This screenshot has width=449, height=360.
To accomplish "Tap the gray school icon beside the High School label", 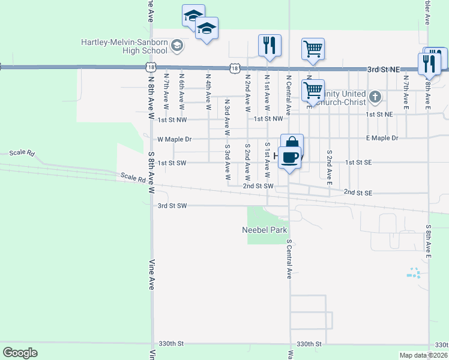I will tap(177, 45).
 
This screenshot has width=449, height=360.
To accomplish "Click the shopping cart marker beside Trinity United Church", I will tap(313, 91).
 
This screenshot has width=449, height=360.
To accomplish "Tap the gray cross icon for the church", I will tap(375, 97).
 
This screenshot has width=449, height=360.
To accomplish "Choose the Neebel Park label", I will tap(265, 230).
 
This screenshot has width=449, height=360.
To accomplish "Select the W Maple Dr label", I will tap(174, 139).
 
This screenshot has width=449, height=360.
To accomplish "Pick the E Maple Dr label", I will tap(382, 139).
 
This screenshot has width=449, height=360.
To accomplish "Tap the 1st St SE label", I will tap(359, 163).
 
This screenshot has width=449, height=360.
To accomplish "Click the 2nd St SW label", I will tap(258, 186).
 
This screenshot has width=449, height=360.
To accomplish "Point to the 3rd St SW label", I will tap(172, 206).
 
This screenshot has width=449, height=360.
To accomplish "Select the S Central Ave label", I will tap(289, 259).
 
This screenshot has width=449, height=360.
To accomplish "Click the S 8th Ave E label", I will tap(429, 242).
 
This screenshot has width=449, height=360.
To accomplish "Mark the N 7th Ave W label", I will tap(166, 91).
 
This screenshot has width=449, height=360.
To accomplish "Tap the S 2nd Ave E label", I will tap(330, 165).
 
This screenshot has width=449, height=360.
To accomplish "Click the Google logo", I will tap(20, 353).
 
